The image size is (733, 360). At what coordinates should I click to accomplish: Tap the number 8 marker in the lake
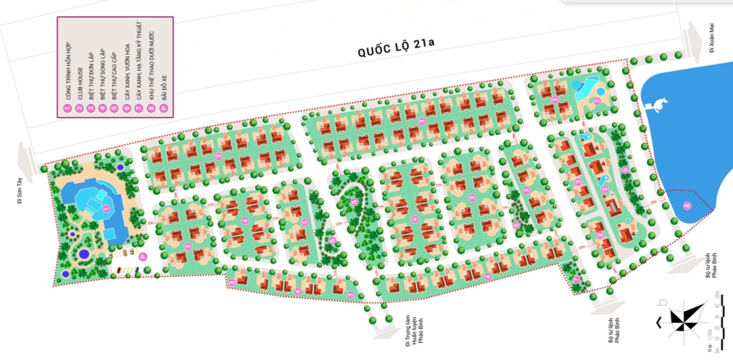[686, 205]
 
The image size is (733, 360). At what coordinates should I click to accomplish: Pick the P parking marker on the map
[142, 256]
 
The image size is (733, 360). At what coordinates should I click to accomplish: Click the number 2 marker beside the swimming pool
[597, 101]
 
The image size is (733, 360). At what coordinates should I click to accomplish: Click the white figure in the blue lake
[658, 104]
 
